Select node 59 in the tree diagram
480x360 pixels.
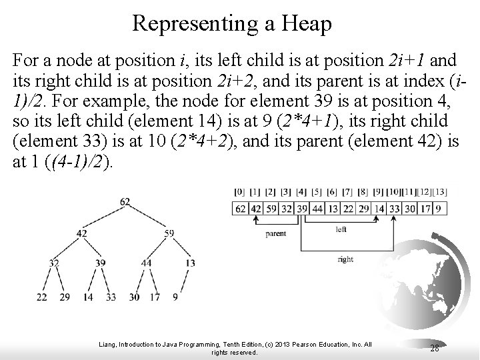pyautogui.click(x=169, y=233)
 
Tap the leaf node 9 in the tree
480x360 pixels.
pyautogui.click(x=175, y=297)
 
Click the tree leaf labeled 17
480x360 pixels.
pyautogui.click(x=155, y=297)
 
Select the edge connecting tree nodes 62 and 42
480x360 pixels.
pyautogui.click(x=104, y=217)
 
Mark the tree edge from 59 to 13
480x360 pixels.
pyautogui.click(x=181, y=249)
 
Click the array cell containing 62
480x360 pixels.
pyautogui.click(x=241, y=208)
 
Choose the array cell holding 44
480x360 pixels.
pyautogui.click(x=317, y=208)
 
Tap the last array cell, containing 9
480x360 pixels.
pyautogui.click(x=440, y=208)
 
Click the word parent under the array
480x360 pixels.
pyautogui.click(x=276, y=235)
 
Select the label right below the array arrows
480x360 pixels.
pyautogui.click(x=345, y=259)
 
